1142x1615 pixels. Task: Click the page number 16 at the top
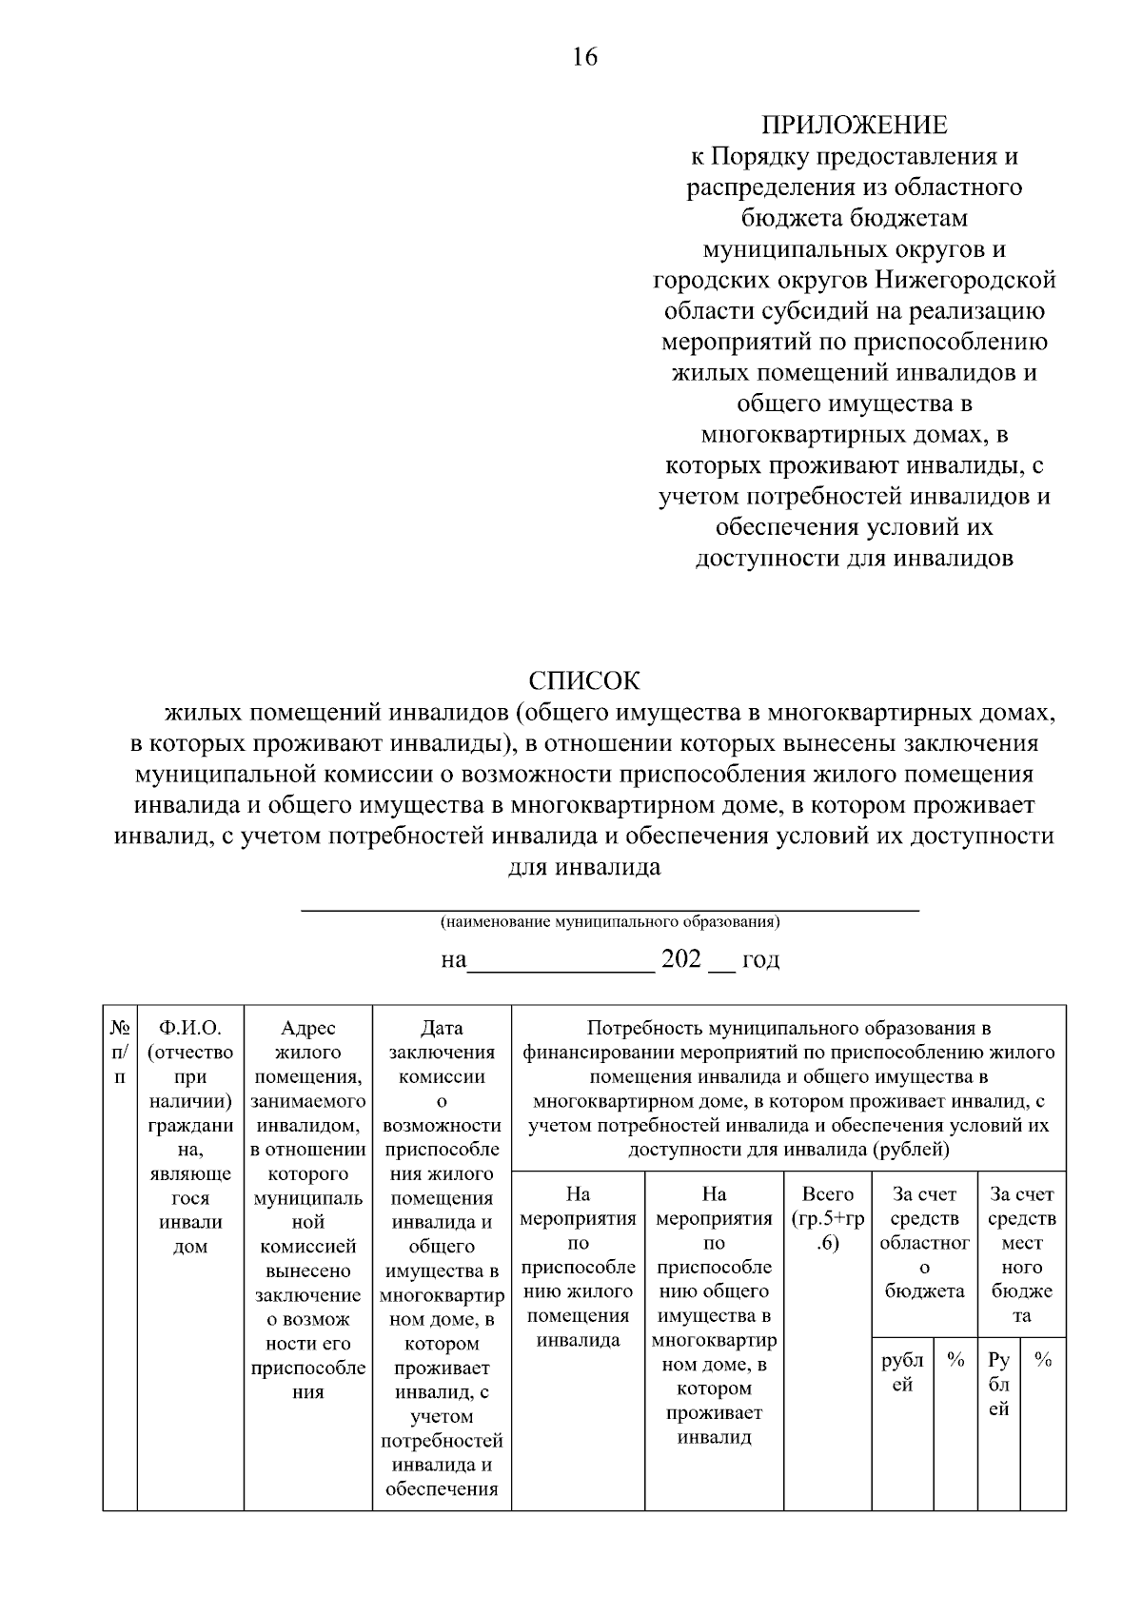(x=584, y=57)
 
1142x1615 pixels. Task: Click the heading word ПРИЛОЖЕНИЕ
(x=854, y=125)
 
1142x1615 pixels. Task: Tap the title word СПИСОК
(x=584, y=680)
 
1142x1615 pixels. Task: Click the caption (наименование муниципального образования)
(x=610, y=922)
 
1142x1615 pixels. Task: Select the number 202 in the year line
(x=680, y=958)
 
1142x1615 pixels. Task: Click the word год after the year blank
(x=760, y=959)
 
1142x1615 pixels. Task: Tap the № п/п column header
(x=120, y=1053)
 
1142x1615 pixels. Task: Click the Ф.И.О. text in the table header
(x=190, y=1028)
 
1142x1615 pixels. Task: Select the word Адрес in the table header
(x=308, y=1028)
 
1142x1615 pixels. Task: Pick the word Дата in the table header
(x=442, y=1028)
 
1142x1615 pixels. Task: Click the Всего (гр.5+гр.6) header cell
(x=828, y=1218)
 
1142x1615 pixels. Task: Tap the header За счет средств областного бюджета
(x=924, y=1242)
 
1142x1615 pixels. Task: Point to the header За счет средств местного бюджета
(x=1021, y=1254)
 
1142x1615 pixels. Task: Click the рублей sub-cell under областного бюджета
(x=902, y=1372)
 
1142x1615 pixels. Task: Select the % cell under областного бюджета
(x=955, y=1361)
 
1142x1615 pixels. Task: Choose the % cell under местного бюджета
(x=1043, y=1361)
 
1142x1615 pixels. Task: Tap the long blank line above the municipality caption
(x=610, y=911)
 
